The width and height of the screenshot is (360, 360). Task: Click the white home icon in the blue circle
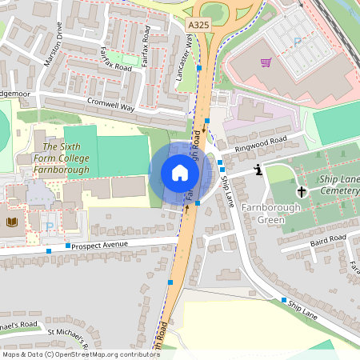point(180,173)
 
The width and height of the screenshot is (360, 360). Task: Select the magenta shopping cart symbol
point(266,62)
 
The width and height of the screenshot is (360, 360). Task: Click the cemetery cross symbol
point(302,191)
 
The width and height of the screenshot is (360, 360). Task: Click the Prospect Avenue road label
point(99,244)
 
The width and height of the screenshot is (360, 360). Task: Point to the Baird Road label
point(327,239)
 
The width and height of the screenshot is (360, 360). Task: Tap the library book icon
point(12,222)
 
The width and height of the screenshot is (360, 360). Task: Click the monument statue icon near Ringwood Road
point(258,169)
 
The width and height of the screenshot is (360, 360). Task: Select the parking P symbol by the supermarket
point(298,42)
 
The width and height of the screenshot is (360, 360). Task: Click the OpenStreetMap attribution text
point(81,354)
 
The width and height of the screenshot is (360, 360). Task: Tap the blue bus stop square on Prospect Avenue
point(68,246)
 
